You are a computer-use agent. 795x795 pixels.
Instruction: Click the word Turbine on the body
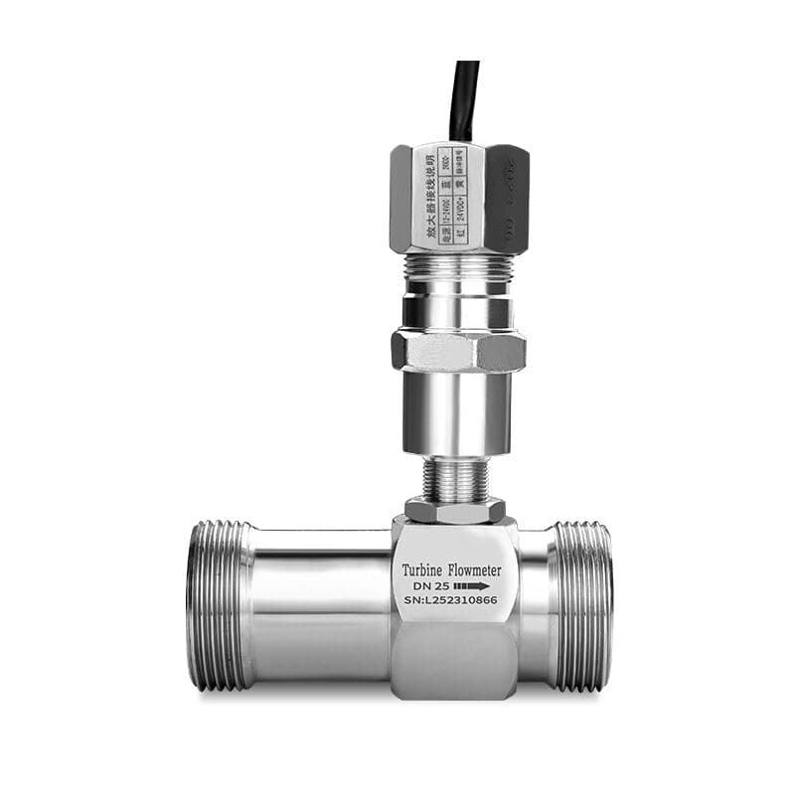422,570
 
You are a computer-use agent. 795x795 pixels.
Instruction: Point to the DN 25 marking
429,587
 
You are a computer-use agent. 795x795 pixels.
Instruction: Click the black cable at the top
464,99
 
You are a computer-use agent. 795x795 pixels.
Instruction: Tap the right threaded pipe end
582,606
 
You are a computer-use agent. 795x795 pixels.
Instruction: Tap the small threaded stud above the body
456,479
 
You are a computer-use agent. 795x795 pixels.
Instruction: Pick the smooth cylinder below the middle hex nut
456,413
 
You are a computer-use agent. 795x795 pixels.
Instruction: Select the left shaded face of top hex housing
400,199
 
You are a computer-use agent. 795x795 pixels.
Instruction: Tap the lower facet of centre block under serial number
453,661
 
